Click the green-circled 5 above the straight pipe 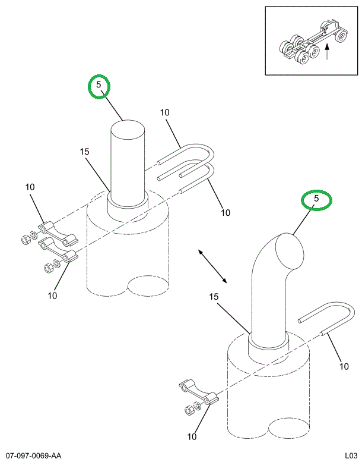pos(100,86)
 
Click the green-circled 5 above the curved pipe pos(317,200)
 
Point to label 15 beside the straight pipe pos(84,152)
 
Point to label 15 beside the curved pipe pos(214,297)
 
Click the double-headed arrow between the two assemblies pos(212,266)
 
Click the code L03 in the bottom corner pos(347,455)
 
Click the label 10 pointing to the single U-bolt pos(344,367)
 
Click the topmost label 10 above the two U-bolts pos(164,112)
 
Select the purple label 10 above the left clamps pos(30,187)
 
